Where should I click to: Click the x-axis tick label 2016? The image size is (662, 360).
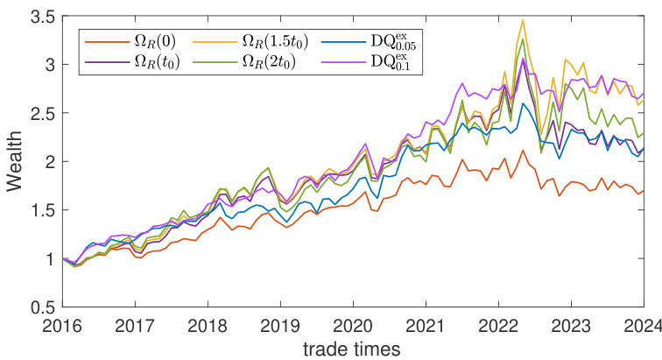(61, 325)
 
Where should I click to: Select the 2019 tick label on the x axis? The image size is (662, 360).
(280, 325)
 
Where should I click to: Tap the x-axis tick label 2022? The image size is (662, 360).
(498, 325)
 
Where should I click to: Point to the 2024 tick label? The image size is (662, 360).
(643, 325)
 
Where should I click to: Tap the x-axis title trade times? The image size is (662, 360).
(353, 348)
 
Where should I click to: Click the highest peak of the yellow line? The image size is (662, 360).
(523, 20)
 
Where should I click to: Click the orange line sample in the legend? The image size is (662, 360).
(103, 41)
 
